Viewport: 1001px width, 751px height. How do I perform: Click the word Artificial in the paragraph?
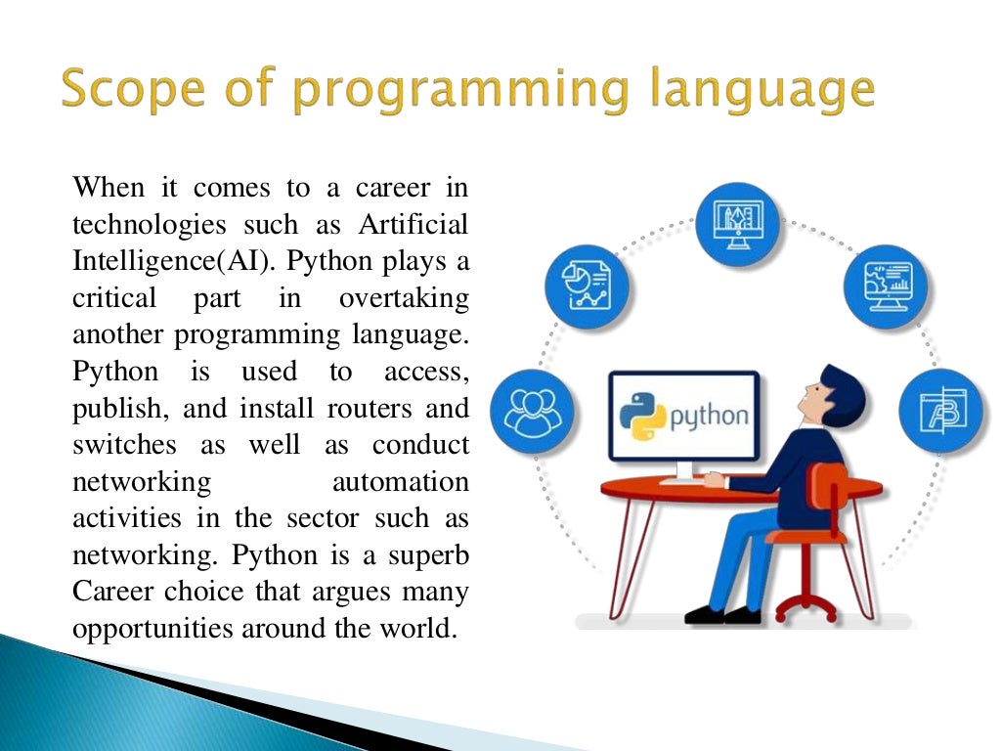click(413, 224)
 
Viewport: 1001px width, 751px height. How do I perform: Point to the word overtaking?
click(404, 298)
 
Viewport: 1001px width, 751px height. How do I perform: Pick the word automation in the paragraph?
click(401, 482)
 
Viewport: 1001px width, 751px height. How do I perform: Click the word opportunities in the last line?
click(147, 629)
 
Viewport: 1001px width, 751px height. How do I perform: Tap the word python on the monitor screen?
click(710, 417)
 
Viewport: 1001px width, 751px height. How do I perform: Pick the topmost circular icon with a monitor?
click(737, 224)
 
